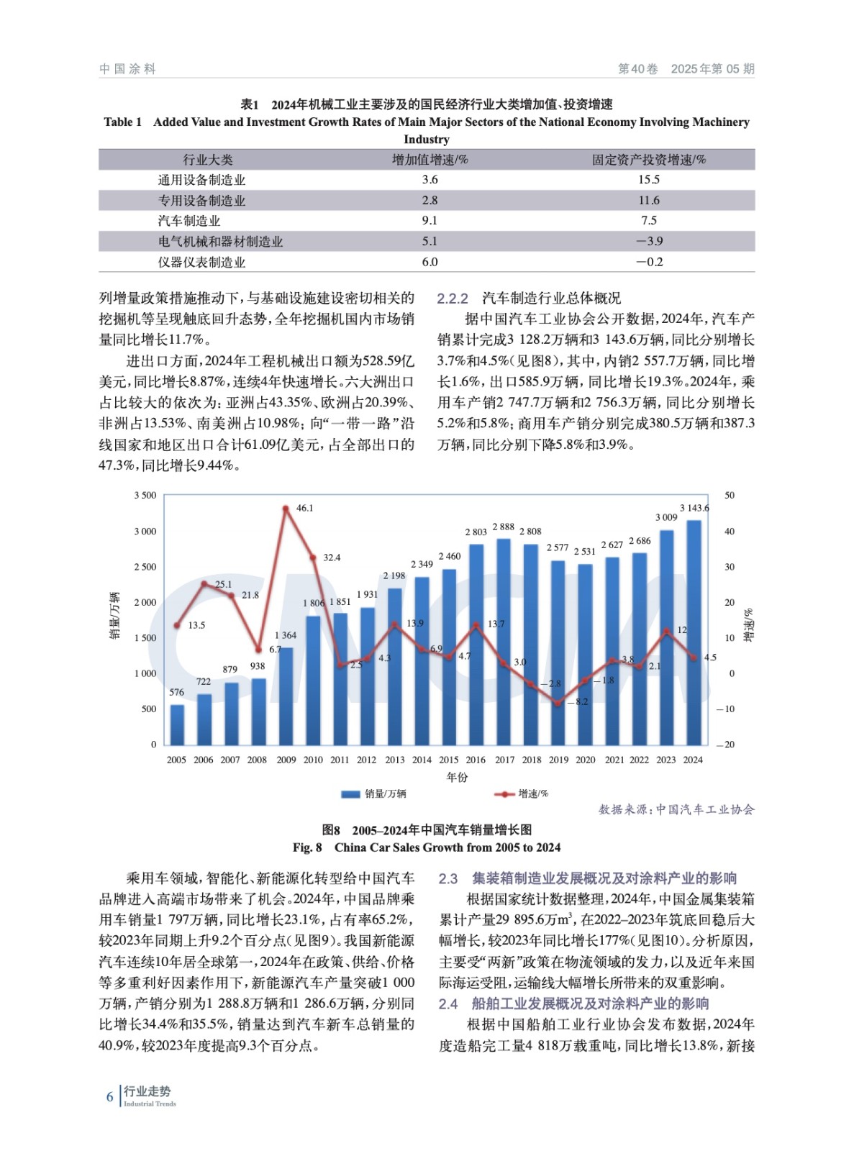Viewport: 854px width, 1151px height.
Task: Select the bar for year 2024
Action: (x=694, y=633)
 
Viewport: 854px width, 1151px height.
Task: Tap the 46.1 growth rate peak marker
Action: (x=286, y=509)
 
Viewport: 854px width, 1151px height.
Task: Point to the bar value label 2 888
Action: (x=503, y=527)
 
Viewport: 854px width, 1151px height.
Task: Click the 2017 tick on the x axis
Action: (x=504, y=760)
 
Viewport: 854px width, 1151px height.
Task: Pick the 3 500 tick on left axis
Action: (x=145, y=496)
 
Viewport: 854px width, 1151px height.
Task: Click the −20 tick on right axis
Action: (x=726, y=745)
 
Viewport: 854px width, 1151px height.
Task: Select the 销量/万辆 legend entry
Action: (x=373, y=793)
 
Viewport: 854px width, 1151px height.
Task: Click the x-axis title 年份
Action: (x=457, y=777)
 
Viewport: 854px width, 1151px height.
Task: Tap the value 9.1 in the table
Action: (x=430, y=221)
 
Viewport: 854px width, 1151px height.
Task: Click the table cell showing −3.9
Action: (x=649, y=242)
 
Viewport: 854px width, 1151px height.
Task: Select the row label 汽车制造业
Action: (x=189, y=221)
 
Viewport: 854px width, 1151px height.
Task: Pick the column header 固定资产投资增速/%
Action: (x=649, y=160)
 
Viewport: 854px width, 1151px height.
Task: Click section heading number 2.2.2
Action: (x=453, y=299)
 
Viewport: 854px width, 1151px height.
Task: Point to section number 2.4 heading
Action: (x=448, y=1004)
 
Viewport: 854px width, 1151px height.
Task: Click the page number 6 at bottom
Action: (x=110, y=1097)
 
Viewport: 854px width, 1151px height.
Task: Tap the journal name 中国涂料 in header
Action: (x=128, y=69)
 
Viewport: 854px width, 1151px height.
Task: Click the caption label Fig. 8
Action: (x=307, y=847)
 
